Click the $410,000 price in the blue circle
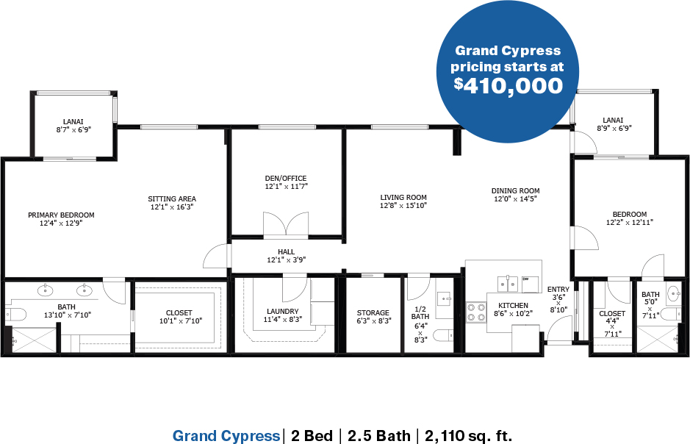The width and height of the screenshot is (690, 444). (508, 85)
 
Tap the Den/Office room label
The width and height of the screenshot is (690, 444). (286, 178)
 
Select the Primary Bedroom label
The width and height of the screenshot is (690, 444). (61, 215)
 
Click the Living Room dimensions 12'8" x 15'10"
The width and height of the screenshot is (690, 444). (403, 206)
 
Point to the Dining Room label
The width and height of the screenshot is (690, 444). (515, 190)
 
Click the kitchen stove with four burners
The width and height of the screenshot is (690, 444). (476, 312)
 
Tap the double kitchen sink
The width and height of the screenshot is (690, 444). (508, 284)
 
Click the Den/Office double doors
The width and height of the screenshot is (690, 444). (286, 224)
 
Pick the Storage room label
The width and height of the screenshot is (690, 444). (373, 313)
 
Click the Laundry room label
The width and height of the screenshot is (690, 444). (282, 311)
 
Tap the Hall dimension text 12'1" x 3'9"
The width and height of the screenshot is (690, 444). (286, 259)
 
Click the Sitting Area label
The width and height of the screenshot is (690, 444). (172, 198)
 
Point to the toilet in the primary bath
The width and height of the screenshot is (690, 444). (15, 314)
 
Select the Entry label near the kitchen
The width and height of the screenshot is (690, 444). (558, 289)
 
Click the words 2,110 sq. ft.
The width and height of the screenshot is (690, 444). (468, 436)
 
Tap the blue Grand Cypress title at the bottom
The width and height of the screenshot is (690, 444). (226, 436)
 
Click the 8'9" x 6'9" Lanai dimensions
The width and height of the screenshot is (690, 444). (614, 128)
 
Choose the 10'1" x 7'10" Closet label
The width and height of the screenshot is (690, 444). (181, 321)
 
